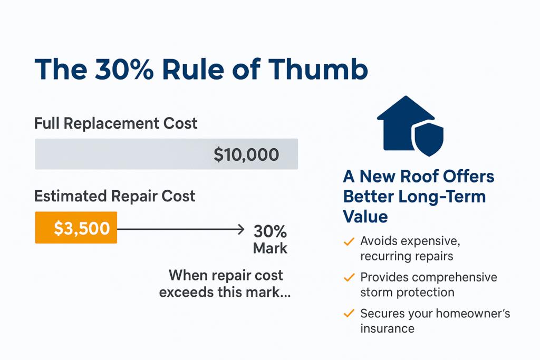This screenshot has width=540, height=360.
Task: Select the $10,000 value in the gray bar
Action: [x=246, y=154]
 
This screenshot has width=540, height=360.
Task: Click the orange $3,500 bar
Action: [x=76, y=228]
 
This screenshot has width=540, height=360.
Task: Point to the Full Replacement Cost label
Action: [x=115, y=124]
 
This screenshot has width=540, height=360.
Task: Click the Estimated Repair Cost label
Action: [x=114, y=197]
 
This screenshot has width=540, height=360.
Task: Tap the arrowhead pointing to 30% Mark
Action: [x=242, y=229]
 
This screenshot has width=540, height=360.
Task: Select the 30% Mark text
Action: [x=270, y=239]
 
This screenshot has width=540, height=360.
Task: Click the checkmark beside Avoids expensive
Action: [x=349, y=241]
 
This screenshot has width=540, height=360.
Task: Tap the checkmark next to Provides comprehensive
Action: [x=349, y=277]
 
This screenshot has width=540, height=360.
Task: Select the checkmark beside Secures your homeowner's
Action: [x=349, y=314]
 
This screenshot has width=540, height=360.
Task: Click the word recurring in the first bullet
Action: [x=383, y=257]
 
